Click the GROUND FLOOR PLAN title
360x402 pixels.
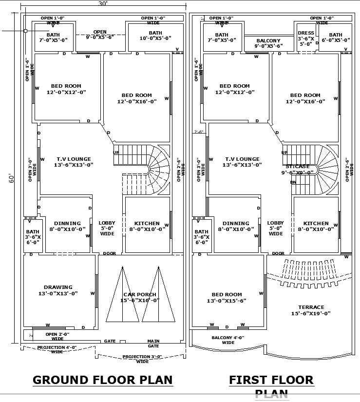[102, 380]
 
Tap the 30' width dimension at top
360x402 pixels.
[102, 4]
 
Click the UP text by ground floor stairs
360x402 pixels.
[116, 153]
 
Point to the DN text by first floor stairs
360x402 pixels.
[293, 182]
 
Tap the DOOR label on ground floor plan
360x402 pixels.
[110, 253]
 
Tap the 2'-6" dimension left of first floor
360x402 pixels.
[198, 132]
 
